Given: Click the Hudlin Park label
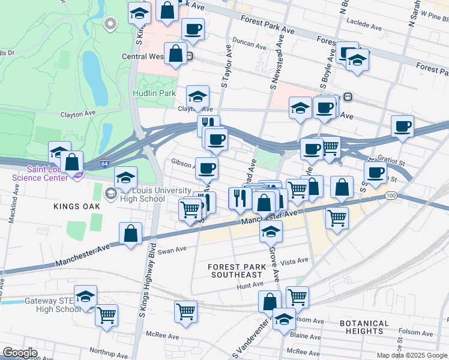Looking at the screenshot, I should (154, 94).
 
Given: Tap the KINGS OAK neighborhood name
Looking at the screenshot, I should (77, 206).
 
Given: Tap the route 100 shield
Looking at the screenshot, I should (391, 196).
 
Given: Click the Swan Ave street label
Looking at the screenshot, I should (172, 249).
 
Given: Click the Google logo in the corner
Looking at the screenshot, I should (20, 353).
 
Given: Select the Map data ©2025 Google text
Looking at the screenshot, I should (411, 355).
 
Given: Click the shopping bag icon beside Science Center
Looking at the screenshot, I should (71, 162).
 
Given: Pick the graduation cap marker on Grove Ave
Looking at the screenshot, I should (271, 230).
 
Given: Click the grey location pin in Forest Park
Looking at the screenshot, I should (110, 24).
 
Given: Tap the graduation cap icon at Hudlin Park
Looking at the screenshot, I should (197, 96).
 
